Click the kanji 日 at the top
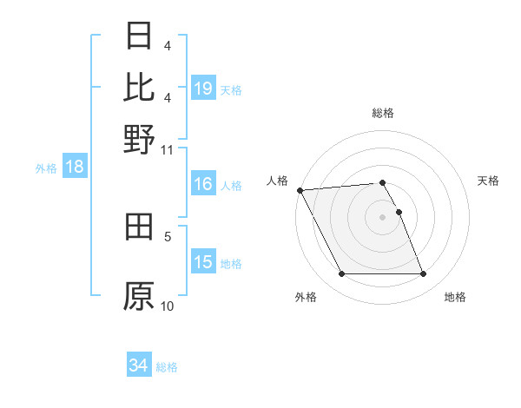tap(139, 36)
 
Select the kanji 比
tap(139, 87)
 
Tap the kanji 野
tap(139, 138)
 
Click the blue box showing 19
tap(203, 89)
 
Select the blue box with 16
tap(203, 184)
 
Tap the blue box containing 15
tap(203, 262)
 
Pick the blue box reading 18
tap(75, 168)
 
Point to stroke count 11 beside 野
tap(168, 149)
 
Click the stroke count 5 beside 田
tap(168, 235)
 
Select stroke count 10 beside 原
tap(168, 306)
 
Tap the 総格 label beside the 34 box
tap(167, 367)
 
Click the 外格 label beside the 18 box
tap(46, 168)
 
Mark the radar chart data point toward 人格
tap(300, 190)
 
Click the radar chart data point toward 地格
tap(423, 274)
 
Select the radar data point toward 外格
tap(341, 274)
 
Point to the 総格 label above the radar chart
tap(382, 113)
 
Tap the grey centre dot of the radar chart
tap(382, 216)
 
